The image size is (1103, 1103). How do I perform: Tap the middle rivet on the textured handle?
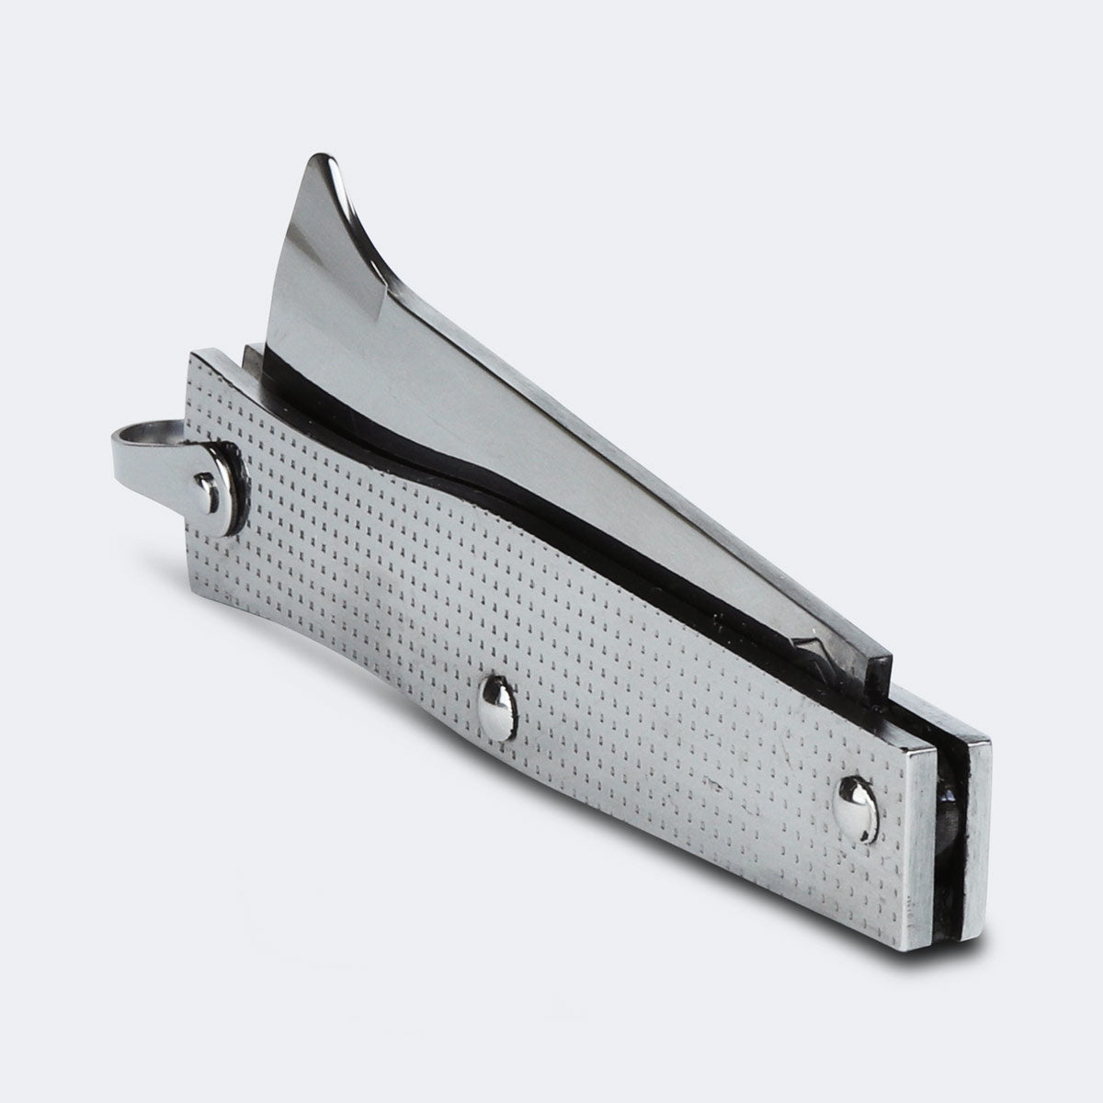coord(496,706)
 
